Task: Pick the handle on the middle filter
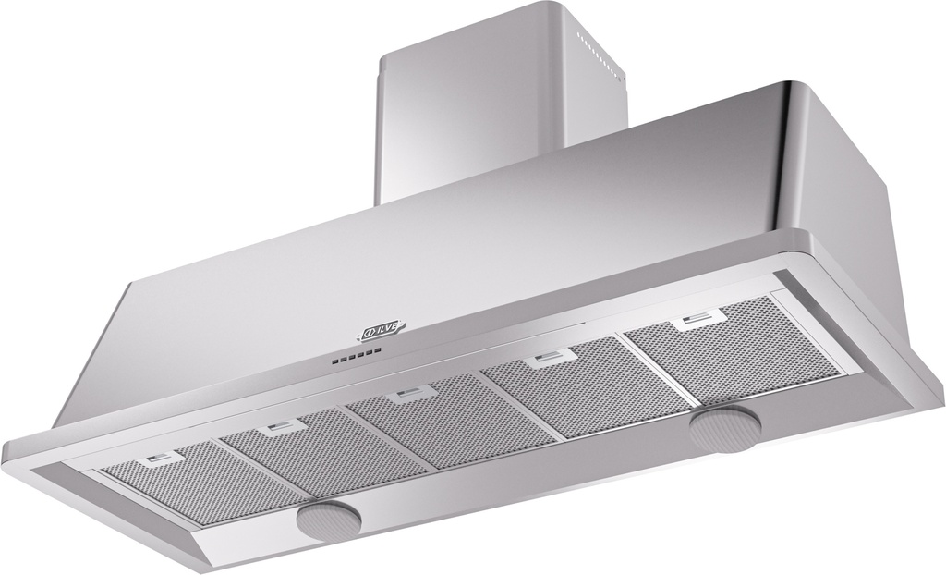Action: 405,395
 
